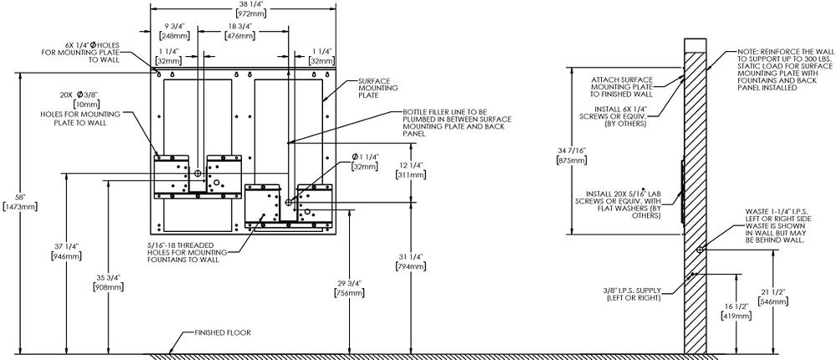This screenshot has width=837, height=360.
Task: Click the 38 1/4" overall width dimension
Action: [244, 8]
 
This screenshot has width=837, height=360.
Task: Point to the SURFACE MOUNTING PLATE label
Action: [377, 88]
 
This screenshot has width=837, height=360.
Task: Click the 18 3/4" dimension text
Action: [239, 31]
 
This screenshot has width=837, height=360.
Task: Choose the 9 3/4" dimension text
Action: [172, 31]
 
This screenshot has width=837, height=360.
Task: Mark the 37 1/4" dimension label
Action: [66, 251]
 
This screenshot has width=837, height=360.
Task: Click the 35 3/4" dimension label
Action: [109, 282]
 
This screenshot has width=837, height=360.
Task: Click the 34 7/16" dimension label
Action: [571, 155]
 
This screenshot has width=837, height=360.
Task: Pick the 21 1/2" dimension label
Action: [773, 296]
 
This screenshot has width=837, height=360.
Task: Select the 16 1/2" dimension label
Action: [737, 311]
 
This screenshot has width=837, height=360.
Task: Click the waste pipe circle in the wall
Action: [700, 249]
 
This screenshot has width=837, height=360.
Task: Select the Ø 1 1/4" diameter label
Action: [365, 162]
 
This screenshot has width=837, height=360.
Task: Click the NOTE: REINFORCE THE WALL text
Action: [783, 69]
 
